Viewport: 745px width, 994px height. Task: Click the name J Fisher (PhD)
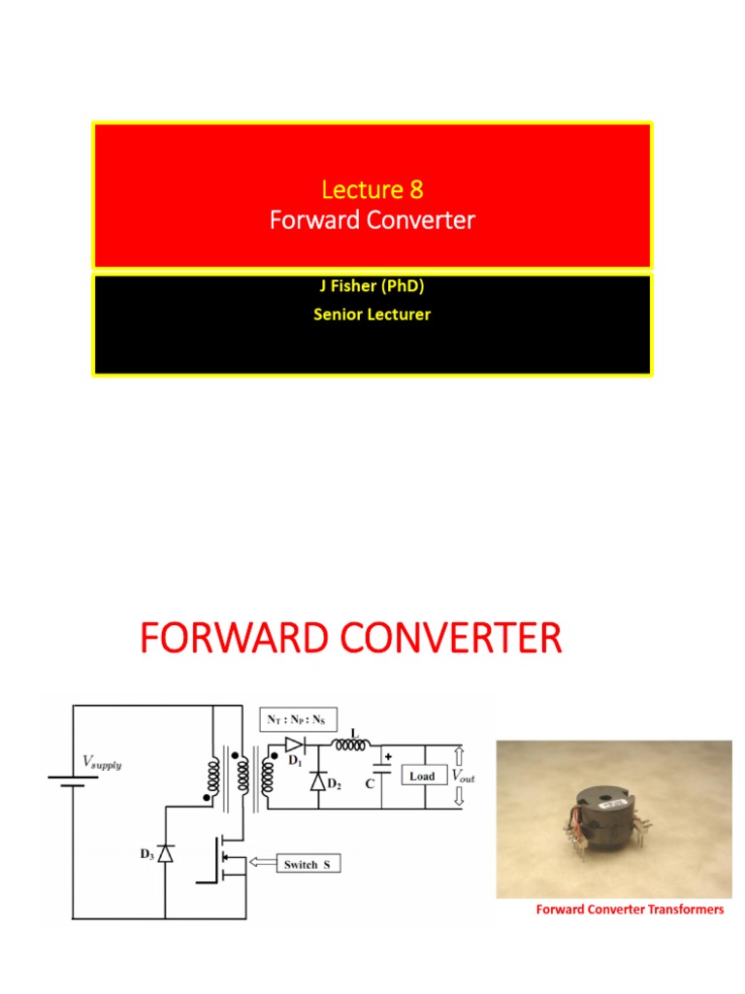pos(372,287)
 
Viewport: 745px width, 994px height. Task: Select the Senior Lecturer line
pos(372,314)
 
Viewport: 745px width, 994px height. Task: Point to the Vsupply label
pos(101,764)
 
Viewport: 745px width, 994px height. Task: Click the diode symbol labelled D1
pos(294,745)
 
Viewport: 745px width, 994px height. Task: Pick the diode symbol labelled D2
pos(317,781)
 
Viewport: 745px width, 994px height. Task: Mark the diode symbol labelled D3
pos(165,853)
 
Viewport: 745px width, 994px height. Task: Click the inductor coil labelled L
pos(351,745)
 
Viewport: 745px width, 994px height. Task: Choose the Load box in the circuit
pos(422,777)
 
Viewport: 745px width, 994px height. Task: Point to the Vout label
pos(462,778)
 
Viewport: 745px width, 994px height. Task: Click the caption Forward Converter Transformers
pos(631,910)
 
